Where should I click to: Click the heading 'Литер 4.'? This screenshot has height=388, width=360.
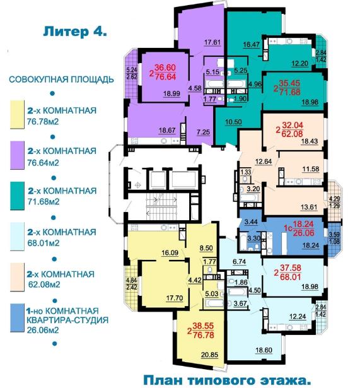(x=75, y=32)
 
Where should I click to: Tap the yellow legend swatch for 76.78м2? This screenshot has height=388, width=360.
(x=17, y=114)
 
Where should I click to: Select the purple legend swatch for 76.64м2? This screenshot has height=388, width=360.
(x=17, y=155)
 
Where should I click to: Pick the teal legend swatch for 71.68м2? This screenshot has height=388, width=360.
(x=17, y=196)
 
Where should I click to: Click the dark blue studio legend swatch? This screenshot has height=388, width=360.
(x=17, y=318)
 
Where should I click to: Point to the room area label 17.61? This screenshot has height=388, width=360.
(x=212, y=42)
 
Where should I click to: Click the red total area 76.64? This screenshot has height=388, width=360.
(x=165, y=77)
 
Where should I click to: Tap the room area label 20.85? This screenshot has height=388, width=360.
(x=210, y=355)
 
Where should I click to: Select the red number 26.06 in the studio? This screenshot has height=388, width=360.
(x=304, y=233)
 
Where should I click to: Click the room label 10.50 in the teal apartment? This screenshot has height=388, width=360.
(x=233, y=122)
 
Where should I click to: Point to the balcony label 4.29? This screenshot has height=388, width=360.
(x=334, y=199)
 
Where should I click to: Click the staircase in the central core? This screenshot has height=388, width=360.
(x=161, y=207)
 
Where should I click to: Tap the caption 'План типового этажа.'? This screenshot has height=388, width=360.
(x=227, y=380)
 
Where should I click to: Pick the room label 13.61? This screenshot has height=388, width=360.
(x=309, y=207)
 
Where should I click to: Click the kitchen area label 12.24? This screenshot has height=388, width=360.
(x=298, y=317)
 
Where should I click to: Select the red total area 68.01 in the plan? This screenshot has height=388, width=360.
(x=291, y=276)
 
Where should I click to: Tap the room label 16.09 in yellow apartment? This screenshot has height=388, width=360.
(x=170, y=252)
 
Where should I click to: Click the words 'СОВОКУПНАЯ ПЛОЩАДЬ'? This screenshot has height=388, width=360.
(x=61, y=79)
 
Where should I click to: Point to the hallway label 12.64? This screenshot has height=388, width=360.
(x=264, y=162)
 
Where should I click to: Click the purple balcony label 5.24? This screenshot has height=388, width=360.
(x=132, y=70)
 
